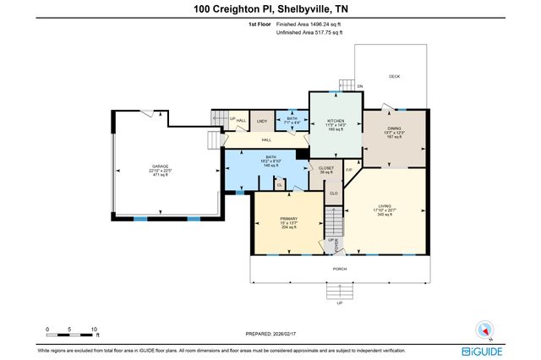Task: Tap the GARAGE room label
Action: click(160, 166)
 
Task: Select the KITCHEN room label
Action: click(336, 122)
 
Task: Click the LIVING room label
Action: click(385, 205)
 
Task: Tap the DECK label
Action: click(394, 76)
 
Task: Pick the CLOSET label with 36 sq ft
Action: click(326, 168)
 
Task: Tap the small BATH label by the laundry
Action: click(292, 119)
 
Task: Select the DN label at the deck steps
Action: click(359, 86)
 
